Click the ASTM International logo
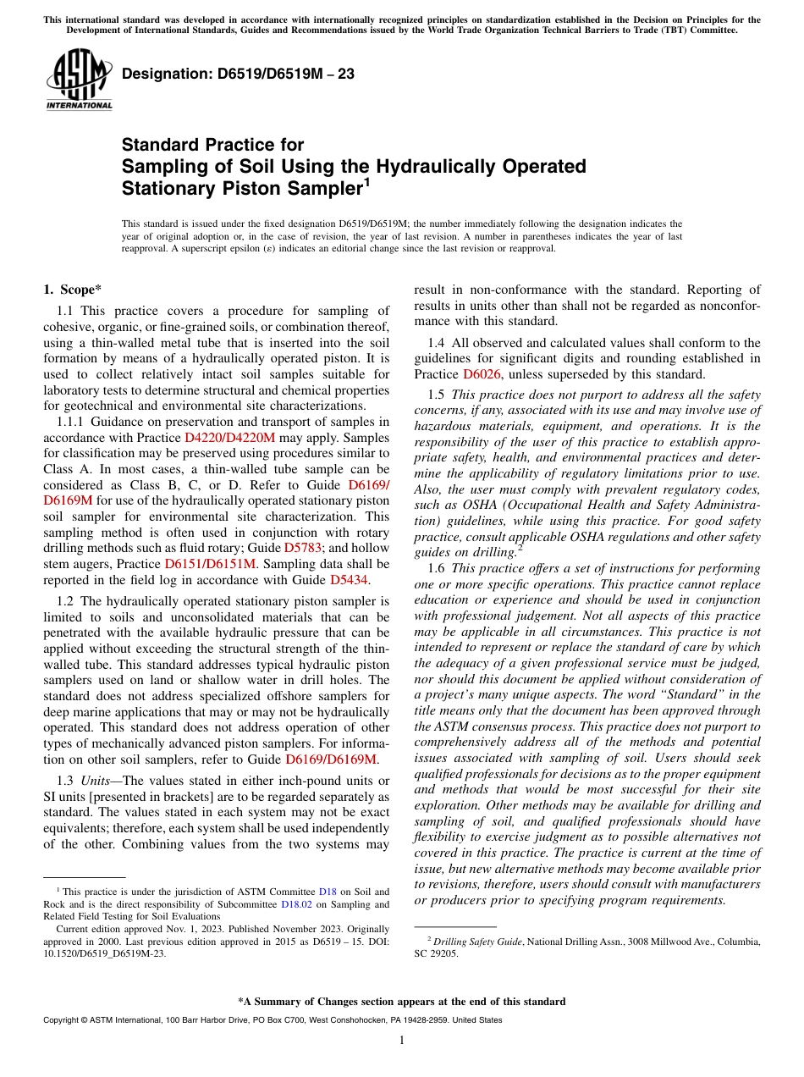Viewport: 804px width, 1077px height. (x=78, y=80)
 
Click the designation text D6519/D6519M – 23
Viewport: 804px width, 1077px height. (x=238, y=75)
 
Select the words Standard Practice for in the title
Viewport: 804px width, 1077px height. (x=212, y=145)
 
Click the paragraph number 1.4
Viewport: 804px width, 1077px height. (x=436, y=343)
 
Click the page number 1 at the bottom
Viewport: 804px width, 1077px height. (x=402, y=1040)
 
